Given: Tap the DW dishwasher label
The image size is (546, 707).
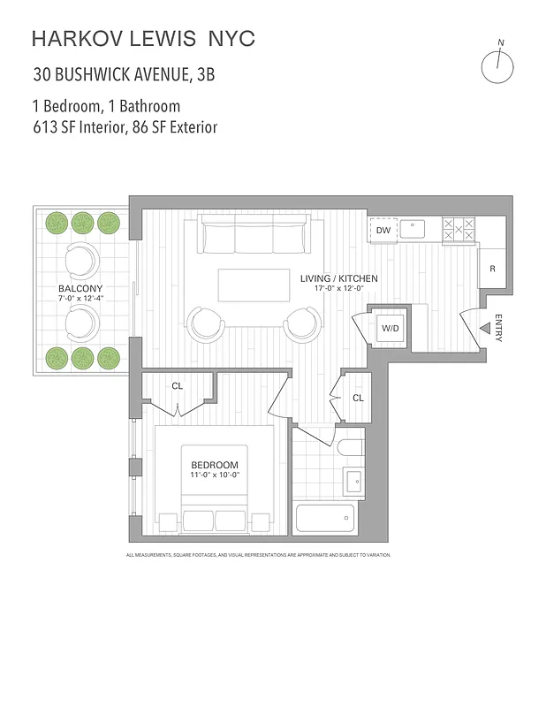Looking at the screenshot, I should click(x=383, y=231).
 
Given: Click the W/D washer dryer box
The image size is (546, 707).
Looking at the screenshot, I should click(x=390, y=329).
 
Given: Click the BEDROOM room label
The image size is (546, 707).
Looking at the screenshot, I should click(x=215, y=465).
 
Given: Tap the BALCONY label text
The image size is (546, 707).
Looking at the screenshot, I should click(x=80, y=289).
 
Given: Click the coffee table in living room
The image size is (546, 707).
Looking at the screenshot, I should click(x=254, y=285).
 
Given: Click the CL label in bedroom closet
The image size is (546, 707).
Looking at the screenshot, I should click(x=178, y=385).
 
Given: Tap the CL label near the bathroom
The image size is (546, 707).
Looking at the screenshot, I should click(x=358, y=398).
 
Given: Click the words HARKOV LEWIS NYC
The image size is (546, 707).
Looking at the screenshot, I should click(x=143, y=38).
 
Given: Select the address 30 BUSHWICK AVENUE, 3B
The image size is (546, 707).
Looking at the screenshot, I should click(x=124, y=73).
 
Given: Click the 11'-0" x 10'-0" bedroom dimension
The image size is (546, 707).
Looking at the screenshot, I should click(x=215, y=475).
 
